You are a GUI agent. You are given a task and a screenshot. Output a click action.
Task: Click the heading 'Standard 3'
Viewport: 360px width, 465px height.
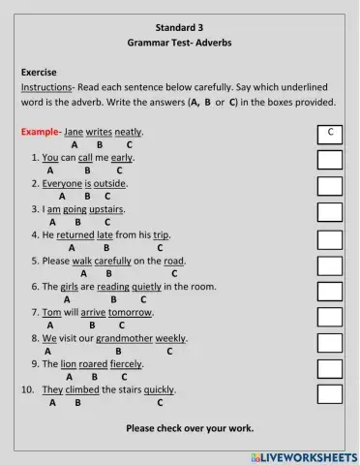pos(180,27)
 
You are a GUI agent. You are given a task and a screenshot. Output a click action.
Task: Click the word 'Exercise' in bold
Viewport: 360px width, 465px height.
pos(39,72)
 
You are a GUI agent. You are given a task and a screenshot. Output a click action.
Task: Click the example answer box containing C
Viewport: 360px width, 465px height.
pos(330,132)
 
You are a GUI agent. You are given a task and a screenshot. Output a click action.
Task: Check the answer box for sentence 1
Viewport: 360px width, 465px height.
pos(330,158)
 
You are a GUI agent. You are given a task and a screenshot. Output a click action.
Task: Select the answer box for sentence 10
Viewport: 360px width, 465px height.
pos(330,392)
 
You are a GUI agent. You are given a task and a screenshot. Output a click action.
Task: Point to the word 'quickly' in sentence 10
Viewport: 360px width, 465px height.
pos(160,390)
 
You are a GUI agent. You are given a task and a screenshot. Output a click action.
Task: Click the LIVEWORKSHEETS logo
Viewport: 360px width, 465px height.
pos(304,455)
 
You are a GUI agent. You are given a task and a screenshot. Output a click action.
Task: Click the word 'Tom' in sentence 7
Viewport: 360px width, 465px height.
pos(51,313)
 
